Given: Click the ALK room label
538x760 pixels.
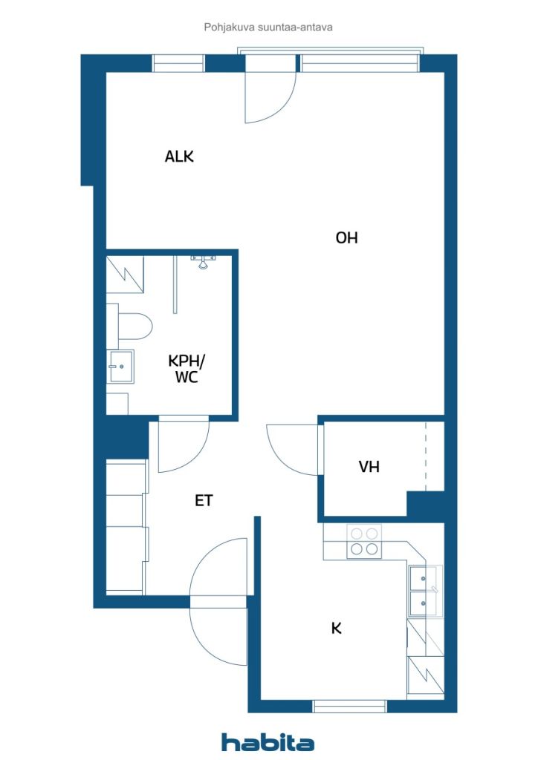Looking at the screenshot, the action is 179,156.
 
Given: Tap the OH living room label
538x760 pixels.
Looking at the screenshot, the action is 346,237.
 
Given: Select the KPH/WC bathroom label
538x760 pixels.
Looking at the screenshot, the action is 187,369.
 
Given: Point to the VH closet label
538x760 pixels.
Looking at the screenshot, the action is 369,467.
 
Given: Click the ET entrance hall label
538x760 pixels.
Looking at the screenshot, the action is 204,500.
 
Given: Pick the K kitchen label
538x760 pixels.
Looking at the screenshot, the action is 336,628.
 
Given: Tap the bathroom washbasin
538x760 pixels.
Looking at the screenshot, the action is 121,367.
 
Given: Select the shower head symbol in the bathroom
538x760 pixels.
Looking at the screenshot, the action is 204,262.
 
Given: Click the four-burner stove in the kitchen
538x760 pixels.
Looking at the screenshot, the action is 364,541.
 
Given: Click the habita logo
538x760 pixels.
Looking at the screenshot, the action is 268,742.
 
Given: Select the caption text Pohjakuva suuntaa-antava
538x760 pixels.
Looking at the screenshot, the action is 268,27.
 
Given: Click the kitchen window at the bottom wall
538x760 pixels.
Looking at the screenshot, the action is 349,707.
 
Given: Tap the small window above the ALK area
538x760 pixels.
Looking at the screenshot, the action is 178,63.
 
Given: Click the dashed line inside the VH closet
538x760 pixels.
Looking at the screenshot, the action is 426,456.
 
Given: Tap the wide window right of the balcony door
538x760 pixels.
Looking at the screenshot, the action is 359,63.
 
